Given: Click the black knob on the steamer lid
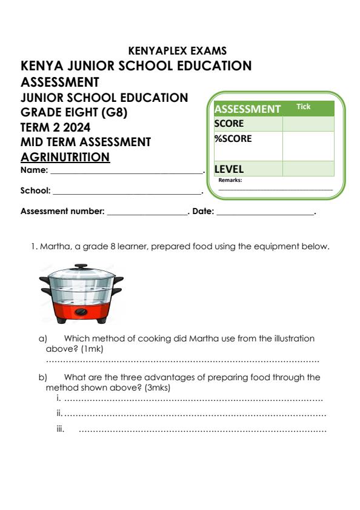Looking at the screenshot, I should tap(79, 266).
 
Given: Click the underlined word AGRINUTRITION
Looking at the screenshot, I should tap(65, 157).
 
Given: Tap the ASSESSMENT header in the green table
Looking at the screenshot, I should tap(247, 109).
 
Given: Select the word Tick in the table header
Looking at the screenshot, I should tap(303, 107).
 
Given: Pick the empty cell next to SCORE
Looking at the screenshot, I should tap(308, 124).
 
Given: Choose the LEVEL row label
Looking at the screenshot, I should tap(228, 170).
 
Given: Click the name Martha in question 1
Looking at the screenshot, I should tap(53, 247).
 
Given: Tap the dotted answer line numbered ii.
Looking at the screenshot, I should tap(194, 414).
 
